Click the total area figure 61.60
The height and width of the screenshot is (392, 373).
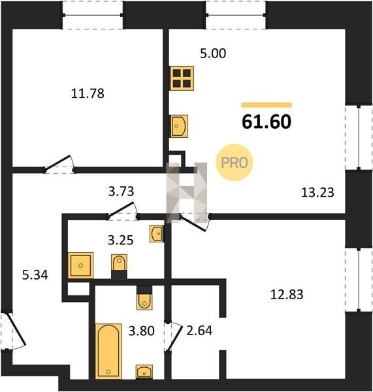[x=267, y=122]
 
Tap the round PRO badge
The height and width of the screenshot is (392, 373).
[x=235, y=163]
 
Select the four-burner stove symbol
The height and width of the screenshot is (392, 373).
[x=182, y=78]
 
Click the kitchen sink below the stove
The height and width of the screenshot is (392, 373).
[x=179, y=126]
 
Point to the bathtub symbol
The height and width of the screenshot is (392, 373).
[x=108, y=351]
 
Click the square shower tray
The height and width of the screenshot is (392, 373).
[x=80, y=265]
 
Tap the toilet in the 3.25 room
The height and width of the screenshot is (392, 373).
[x=119, y=266]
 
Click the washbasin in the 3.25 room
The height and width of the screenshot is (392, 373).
[x=157, y=233]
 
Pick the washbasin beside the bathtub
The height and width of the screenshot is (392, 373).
[x=144, y=372]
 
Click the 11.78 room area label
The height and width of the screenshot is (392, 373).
[x=88, y=93]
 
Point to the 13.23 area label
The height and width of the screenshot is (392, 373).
[x=317, y=193]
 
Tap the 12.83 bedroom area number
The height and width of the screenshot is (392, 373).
[x=287, y=294]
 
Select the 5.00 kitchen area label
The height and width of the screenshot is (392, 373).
[x=213, y=54]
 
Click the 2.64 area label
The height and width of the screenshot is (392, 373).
[x=199, y=330]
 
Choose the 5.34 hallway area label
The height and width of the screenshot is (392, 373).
[x=35, y=275]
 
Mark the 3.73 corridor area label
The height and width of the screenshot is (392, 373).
[x=121, y=191]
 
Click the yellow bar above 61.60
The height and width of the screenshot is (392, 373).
[x=267, y=105]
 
